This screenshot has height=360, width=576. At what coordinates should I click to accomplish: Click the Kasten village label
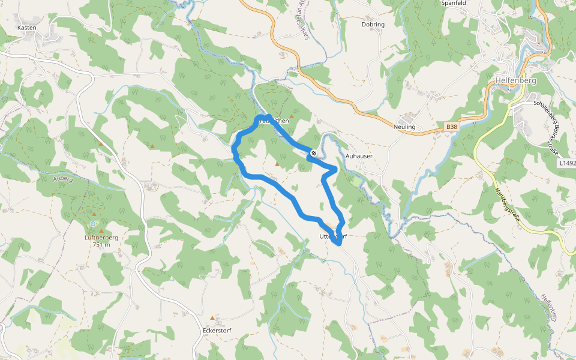click(27, 28)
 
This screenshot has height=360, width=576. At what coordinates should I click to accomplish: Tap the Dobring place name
click(373, 25)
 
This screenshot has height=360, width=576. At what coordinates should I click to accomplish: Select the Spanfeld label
click(453, 3)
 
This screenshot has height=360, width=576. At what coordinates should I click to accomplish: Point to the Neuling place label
click(404, 127)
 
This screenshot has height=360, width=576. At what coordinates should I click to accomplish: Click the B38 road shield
click(452, 127)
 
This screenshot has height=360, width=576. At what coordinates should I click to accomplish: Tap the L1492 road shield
click(567, 163)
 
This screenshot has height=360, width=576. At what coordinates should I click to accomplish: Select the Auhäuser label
click(359, 155)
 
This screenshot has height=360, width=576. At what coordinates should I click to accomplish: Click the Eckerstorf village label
click(217, 331)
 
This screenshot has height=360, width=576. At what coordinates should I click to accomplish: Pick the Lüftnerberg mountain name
click(101, 238)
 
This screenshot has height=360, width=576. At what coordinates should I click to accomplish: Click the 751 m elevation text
click(101, 245)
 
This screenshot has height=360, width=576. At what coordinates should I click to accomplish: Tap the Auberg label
click(63, 179)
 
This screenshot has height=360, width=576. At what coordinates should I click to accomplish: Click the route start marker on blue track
click(314, 154)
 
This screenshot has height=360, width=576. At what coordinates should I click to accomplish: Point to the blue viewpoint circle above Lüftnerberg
click(93, 224)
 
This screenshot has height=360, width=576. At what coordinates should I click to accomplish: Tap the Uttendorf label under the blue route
click(333, 236)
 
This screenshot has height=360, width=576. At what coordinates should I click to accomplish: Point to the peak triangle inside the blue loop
click(277, 164)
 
